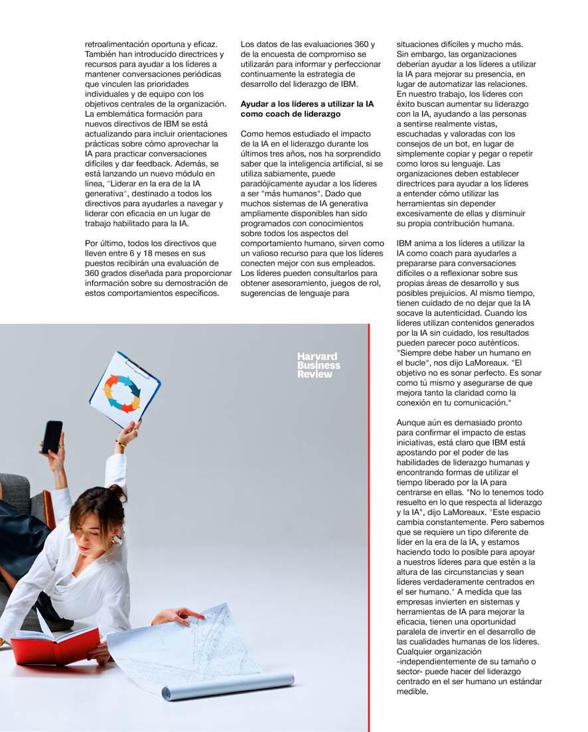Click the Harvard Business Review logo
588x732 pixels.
(319, 365)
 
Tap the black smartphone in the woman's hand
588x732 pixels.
(51, 437)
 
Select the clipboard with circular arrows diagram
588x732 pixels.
(125, 389)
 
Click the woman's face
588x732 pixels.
(91, 523)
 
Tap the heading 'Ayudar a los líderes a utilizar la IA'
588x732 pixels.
(307, 104)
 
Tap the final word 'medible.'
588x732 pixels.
(413, 692)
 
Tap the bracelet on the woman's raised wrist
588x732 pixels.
(121, 443)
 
